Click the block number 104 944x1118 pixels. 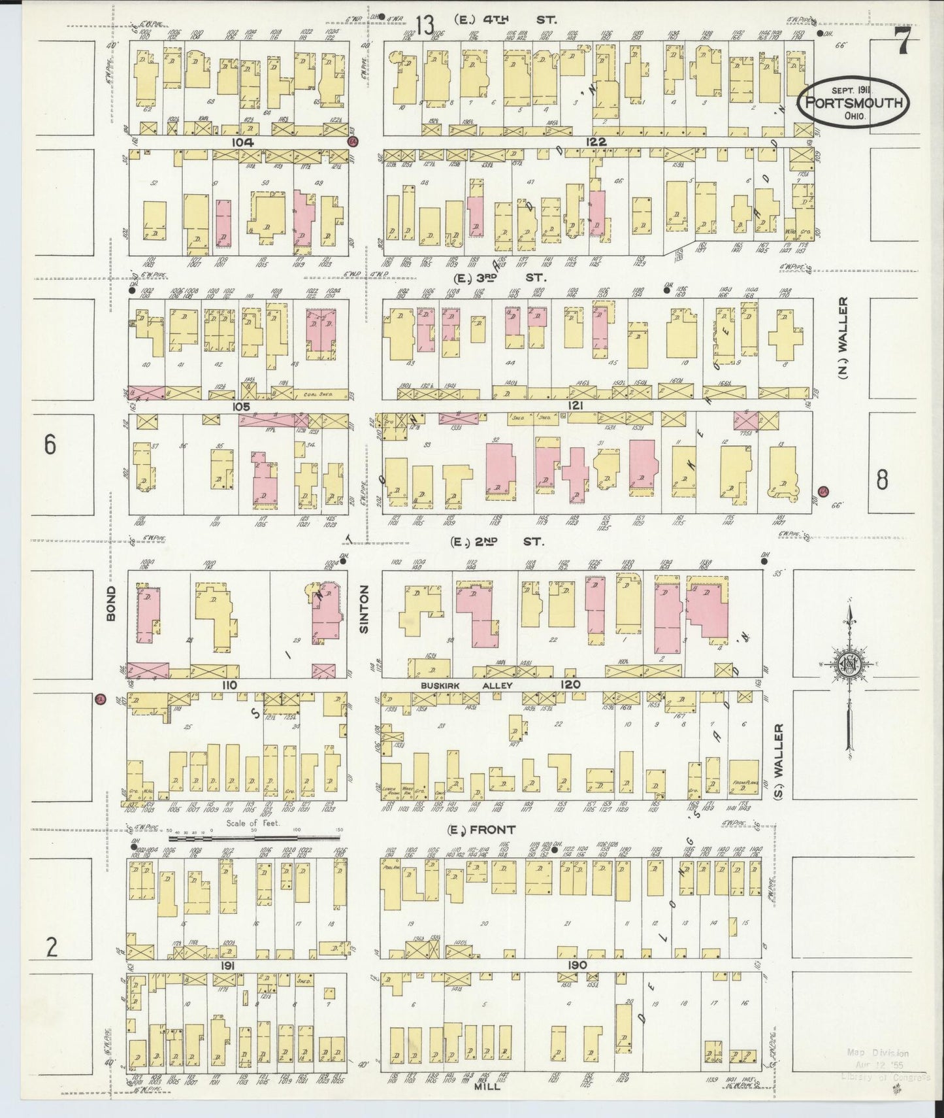(x=240, y=142)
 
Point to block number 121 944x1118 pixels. (x=575, y=406)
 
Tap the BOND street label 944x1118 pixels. (x=111, y=603)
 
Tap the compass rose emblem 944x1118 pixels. (x=849, y=664)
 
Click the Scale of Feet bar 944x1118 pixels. (x=255, y=837)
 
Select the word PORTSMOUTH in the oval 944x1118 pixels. (x=854, y=103)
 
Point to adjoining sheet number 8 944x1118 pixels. (x=882, y=481)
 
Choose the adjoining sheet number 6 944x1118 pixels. (x=50, y=445)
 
